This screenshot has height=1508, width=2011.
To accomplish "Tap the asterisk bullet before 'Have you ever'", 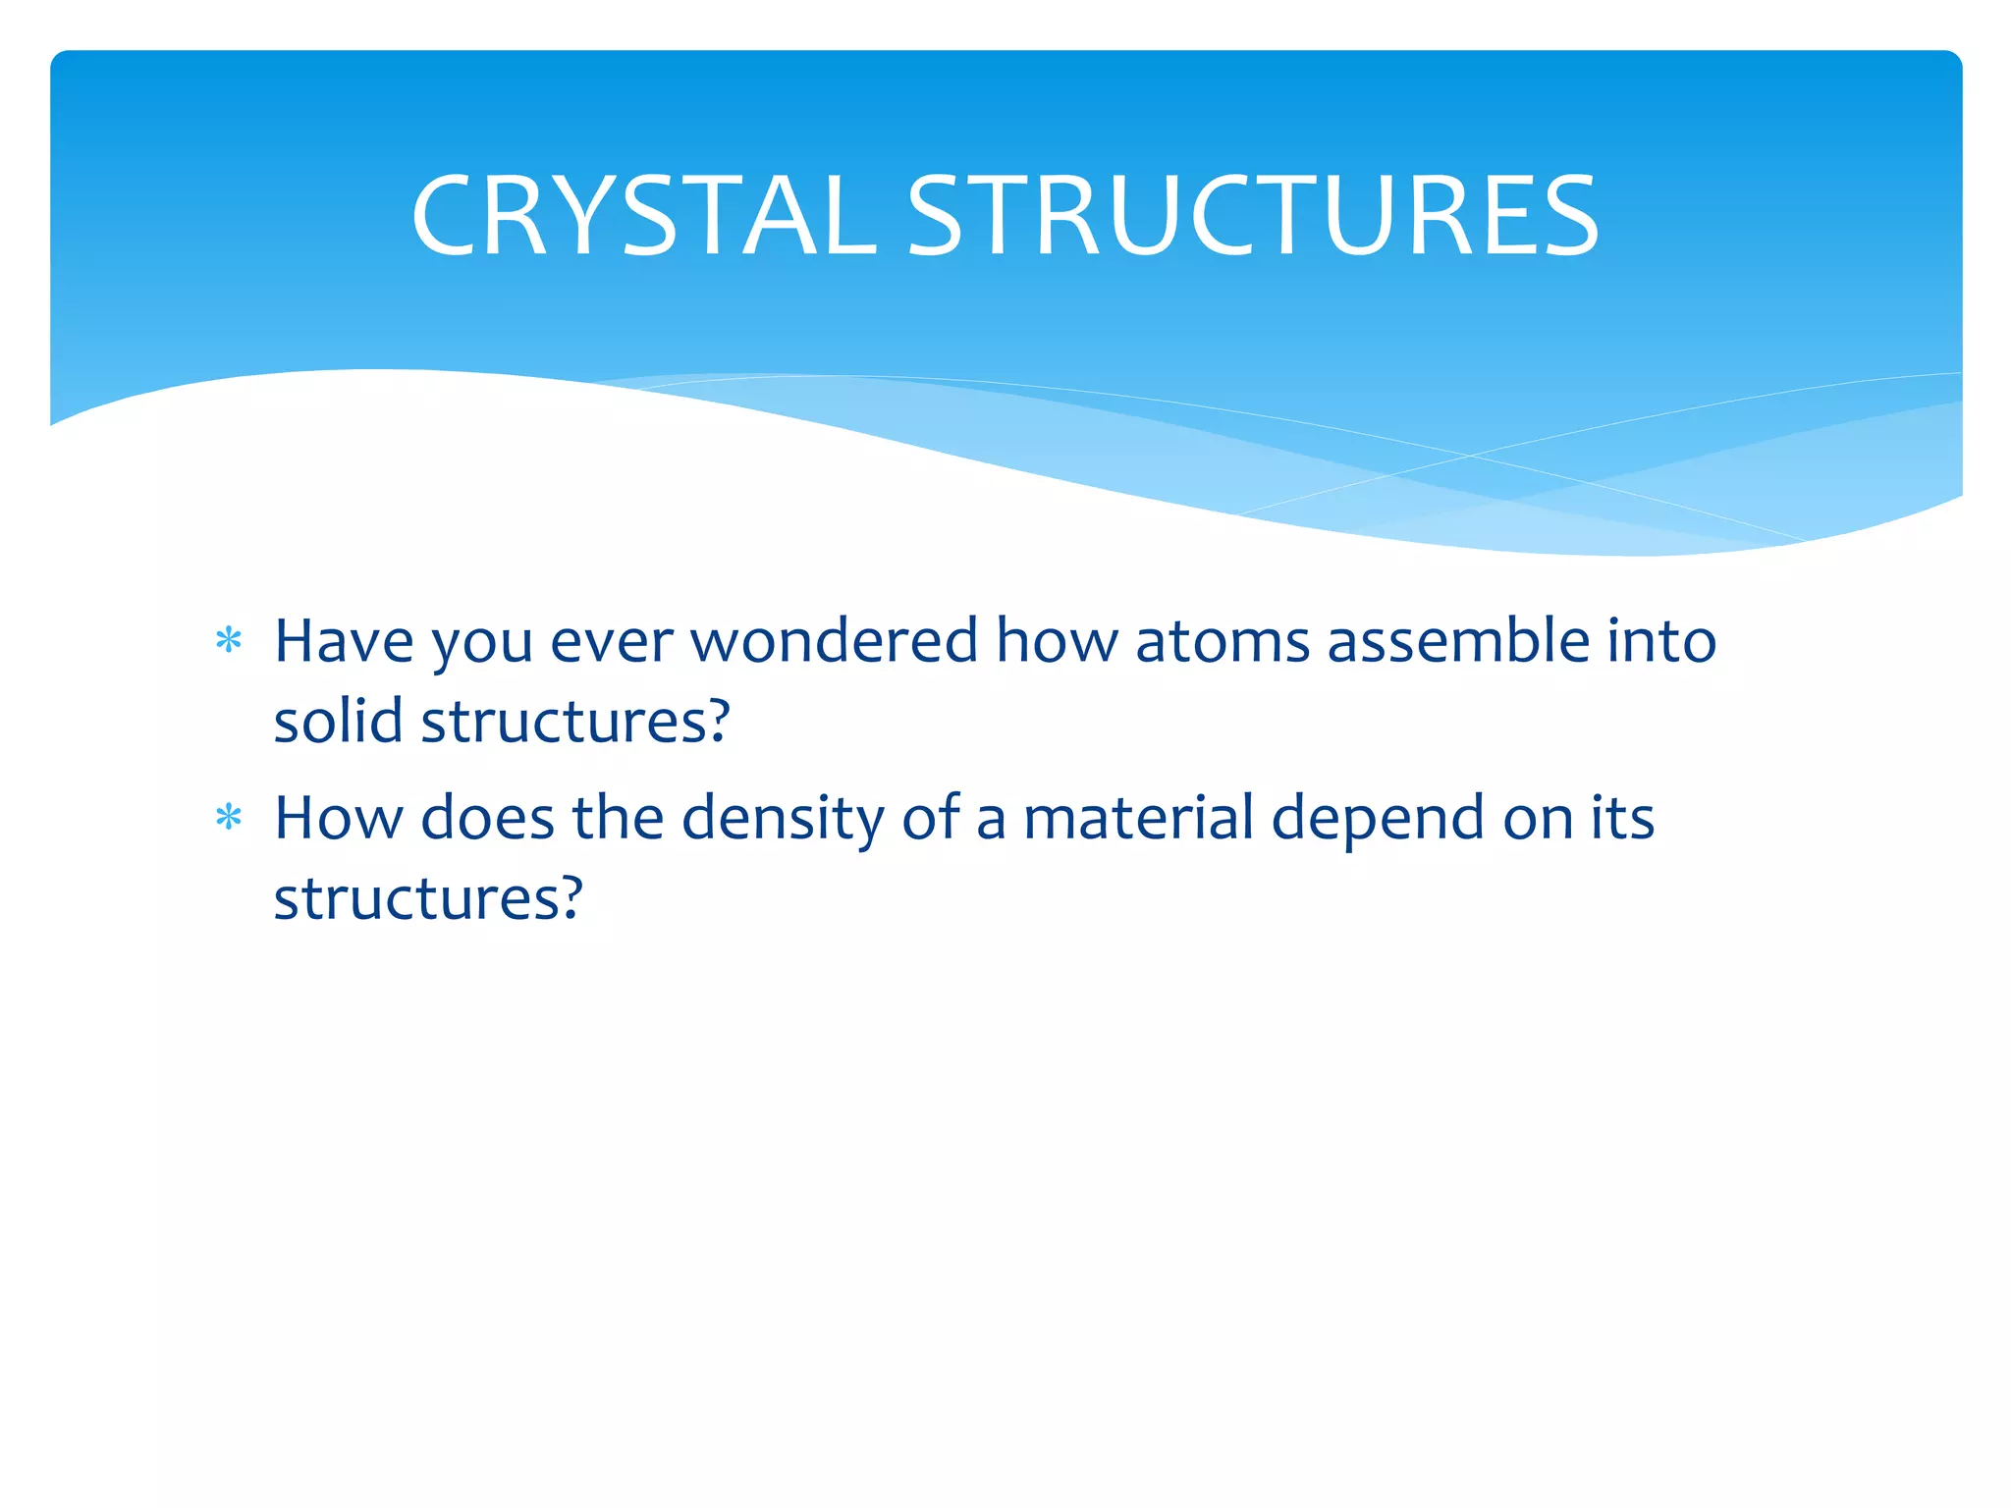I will (229, 641).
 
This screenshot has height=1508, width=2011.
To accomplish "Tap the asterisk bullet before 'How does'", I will (229, 817).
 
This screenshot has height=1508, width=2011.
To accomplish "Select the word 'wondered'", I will (835, 641).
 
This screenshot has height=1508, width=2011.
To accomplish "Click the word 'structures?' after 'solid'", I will (575, 721).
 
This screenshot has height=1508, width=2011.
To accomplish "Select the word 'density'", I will (783, 819).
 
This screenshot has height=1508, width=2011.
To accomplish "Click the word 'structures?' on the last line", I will (428, 897).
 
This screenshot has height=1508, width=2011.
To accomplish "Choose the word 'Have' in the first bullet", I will (344, 641).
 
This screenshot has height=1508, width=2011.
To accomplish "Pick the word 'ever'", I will (612, 643).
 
